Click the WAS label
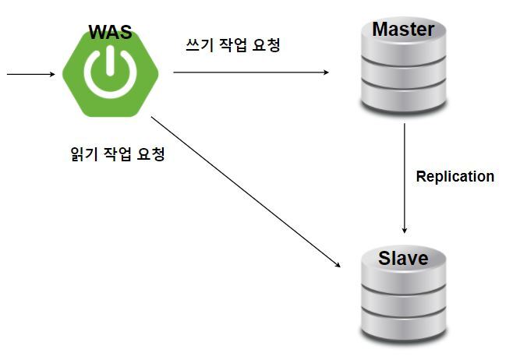click(x=110, y=32)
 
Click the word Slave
click(x=403, y=257)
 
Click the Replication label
click(x=455, y=176)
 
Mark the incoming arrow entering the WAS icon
click(x=31, y=76)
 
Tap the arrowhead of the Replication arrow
click(x=405, y=229)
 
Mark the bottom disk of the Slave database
click(x=403, y=327)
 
